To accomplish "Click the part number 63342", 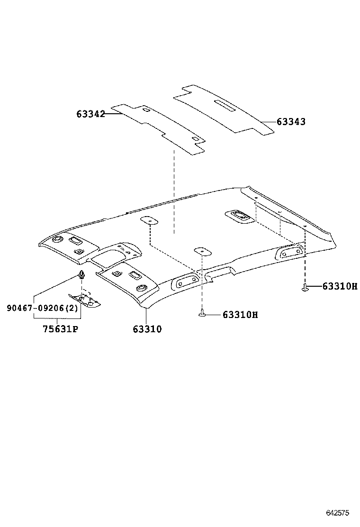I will click(90, 114).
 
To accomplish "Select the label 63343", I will click(291, 122).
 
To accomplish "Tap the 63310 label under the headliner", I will click(147, 328).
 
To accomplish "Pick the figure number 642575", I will click(337, 513).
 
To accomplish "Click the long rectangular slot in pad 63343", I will click(227, 105).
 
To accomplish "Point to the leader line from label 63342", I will click(111, 114).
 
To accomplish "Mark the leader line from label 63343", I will click(268, 122).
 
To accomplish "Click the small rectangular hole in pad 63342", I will click(194, 138).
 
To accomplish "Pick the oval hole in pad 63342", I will click(146, 111).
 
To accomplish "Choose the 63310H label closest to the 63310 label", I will click(240, 315).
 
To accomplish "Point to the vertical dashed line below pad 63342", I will click(174, 190).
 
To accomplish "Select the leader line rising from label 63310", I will click(147, 316).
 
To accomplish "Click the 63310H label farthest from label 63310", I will click(340, 286).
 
